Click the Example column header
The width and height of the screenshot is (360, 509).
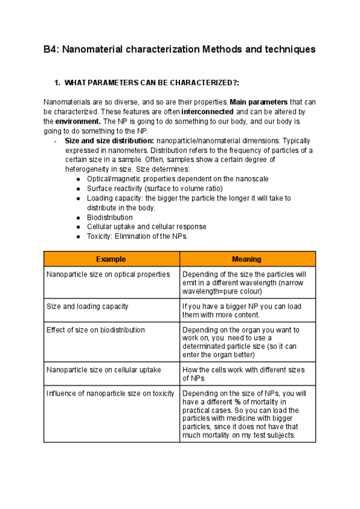pos(111,259)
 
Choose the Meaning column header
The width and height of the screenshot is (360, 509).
pos(247,259)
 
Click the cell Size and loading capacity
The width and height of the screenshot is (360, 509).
pos(88,306)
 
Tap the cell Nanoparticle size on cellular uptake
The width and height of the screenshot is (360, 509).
pos(103,370)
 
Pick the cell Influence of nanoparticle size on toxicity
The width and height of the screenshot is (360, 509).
pos(110,393)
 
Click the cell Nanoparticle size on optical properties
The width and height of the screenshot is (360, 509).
pos(108,274)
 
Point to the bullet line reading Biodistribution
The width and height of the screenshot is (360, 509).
pos(110,217)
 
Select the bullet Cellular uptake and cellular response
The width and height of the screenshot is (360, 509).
pos(146,227)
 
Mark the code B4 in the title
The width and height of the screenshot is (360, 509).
pos(50,50)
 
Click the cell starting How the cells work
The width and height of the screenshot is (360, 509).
pos(243,374)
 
